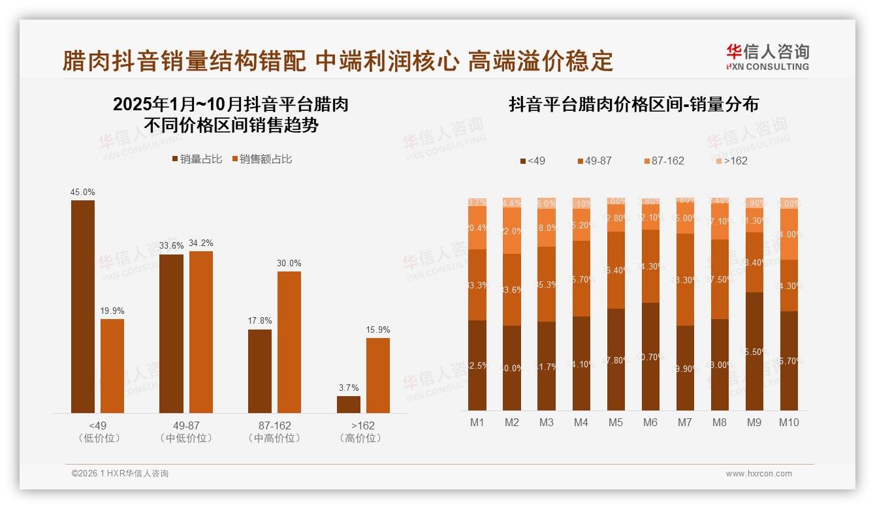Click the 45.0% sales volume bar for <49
[83, 306]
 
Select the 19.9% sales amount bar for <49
[112, 365]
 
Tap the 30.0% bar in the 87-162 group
[289, 342]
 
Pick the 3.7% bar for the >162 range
[349, 404]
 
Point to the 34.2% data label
[201, 243]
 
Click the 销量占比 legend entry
[197, 159]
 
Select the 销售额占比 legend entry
[261, 159]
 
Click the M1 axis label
[477, 422]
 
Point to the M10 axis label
[789, 422]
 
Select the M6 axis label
[650, 422]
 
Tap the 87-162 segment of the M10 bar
[789, 234]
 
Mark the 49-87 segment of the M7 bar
[685, 279]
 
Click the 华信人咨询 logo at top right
[767, 57]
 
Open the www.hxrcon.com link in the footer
[759, 474]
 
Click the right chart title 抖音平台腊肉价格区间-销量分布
[633, 105]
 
